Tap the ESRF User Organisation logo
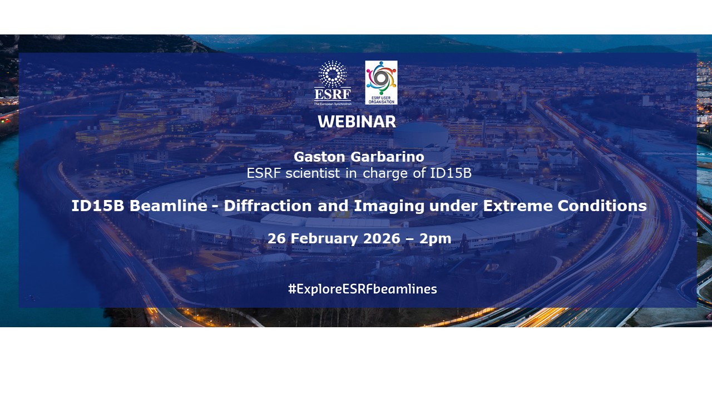point(381,82)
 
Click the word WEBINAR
point(357,122)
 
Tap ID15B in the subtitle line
point(451,173)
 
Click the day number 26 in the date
point(276,239)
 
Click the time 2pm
point(436,239)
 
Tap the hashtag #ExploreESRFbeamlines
point(362,289)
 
